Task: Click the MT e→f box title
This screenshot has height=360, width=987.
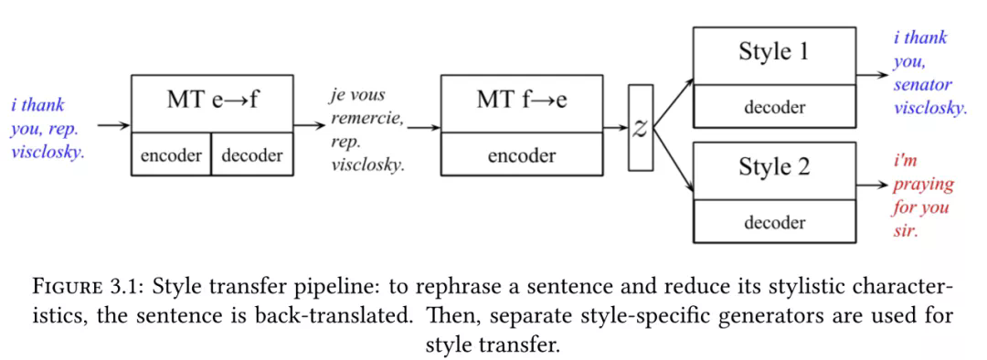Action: [212, 101]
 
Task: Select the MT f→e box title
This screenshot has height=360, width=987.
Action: [522, 101]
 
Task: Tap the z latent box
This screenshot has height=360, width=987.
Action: [641, 128]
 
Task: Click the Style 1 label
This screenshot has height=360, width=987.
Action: [774, 51]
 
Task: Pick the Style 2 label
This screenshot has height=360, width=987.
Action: [774, 167]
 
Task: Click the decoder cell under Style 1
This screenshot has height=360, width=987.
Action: [774, 107]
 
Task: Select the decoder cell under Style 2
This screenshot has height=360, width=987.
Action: [774, 221]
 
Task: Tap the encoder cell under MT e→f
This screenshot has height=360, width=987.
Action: [171, 154]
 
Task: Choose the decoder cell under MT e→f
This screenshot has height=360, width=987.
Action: [252, 154]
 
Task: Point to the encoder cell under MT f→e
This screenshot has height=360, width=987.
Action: [522, 154]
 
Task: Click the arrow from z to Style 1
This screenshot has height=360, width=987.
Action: [674, 104]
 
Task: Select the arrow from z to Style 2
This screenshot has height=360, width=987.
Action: [674, 159]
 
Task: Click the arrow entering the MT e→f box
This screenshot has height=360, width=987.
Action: [114, 126]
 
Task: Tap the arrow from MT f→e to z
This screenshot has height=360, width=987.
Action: [616, 128]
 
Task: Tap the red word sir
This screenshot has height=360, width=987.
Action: [906, 231]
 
